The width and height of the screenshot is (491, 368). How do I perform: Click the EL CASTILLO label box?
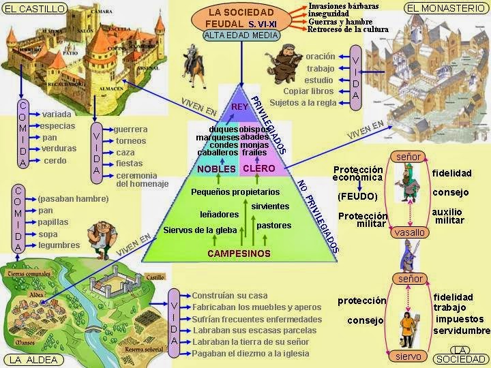(35, 9)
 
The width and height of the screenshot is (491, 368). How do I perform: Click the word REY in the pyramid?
(239, 107)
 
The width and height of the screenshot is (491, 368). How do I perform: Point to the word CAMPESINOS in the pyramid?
(239, 254)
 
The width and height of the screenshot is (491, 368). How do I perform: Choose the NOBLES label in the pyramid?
(216, 169)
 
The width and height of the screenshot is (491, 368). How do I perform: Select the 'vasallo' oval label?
(409, 233)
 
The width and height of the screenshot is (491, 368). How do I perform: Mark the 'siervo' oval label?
(409, 356)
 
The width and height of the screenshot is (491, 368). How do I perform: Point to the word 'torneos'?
(131, 141)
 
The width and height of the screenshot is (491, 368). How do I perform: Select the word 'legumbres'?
(59, 245)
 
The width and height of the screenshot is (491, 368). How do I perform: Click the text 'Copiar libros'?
(308, 91)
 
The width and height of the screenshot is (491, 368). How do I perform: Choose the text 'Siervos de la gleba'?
(200, 230)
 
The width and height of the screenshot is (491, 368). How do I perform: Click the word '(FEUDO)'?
(357, 196)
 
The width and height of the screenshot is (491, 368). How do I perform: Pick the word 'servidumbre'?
(462, 331)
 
